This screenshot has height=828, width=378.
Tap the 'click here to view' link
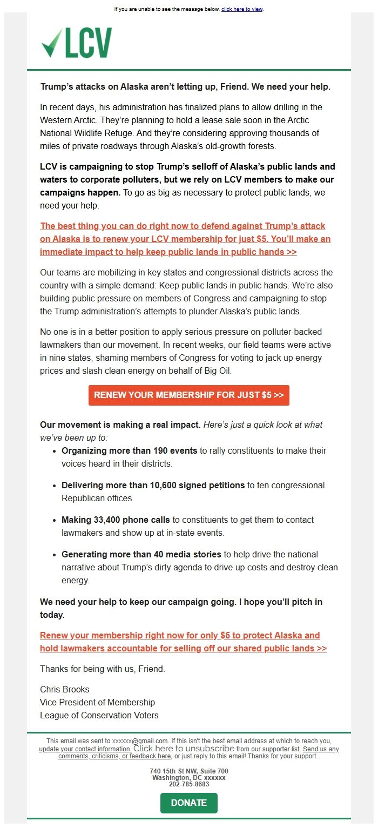click(242, 9)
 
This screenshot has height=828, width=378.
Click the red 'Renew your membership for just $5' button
click(188, 395)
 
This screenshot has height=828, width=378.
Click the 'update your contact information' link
click(85, 749)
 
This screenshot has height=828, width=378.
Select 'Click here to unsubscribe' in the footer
click(184, 749)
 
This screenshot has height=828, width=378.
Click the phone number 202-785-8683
click(188, 784)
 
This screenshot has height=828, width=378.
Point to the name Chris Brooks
click(65, 689)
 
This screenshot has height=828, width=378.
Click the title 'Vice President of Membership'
click(97, 702)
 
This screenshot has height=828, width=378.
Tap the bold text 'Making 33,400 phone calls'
click(116, 520)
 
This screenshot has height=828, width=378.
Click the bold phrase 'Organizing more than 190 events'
click(130, 450)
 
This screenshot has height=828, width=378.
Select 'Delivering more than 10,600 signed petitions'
click(153, 485)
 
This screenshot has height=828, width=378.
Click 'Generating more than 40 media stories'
click(141, 554)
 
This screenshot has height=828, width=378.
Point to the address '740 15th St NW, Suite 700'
click(188, 771)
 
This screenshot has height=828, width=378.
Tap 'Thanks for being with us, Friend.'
click(103, 669)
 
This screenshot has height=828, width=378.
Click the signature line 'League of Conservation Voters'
click(99, 715)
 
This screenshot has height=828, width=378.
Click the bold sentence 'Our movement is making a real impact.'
click(120, 425)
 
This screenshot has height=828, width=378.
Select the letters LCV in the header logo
click(89, 43)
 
